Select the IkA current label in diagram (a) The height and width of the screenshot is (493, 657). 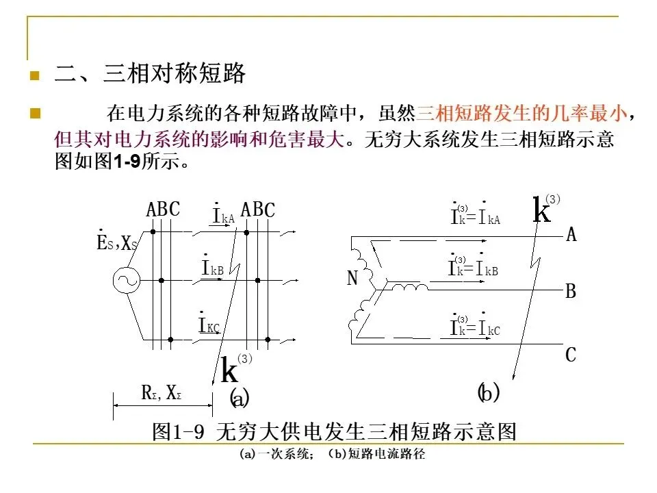click(x=223, y=217)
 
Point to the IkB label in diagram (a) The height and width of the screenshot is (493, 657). click(x=212, y=268)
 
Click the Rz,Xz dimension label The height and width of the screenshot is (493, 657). click(x=161, y=393)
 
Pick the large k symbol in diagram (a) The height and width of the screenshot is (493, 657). click(x=230, y=371)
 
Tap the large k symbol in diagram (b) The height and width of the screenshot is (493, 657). click(x=541, y=210)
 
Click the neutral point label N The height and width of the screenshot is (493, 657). click(x=352, y=279)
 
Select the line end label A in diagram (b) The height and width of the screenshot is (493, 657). click(x=571, y=236)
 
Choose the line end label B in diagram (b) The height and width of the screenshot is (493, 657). click(x=571, y=292)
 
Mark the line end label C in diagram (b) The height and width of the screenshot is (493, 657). click(x=571, y=355)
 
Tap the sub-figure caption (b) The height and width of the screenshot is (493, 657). click(x=488, y=393)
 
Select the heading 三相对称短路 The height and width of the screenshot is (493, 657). click(x=174, y=74)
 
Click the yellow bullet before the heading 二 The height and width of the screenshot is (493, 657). click(x=33, y=75)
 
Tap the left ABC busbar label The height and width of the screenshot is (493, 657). click(x=163, y=210)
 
